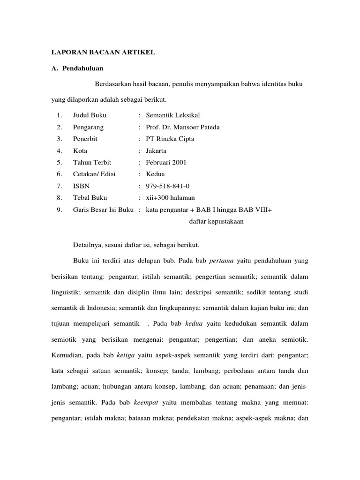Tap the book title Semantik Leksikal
click(173, 115)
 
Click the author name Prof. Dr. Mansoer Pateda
click(183, 127)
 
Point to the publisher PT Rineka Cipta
click(170, 139)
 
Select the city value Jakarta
click(156, 151)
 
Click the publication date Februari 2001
click(166, 163)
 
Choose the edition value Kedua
click(155, 174)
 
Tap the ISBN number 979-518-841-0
click(168, 186)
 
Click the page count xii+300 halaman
click(170, 198)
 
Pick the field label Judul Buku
click(90, 115)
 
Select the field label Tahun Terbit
click(92, 163)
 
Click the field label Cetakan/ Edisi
click(94, 174)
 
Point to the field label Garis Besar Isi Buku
click(104, 210)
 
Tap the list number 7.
click(59, 186)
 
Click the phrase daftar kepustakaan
click(216, 222)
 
